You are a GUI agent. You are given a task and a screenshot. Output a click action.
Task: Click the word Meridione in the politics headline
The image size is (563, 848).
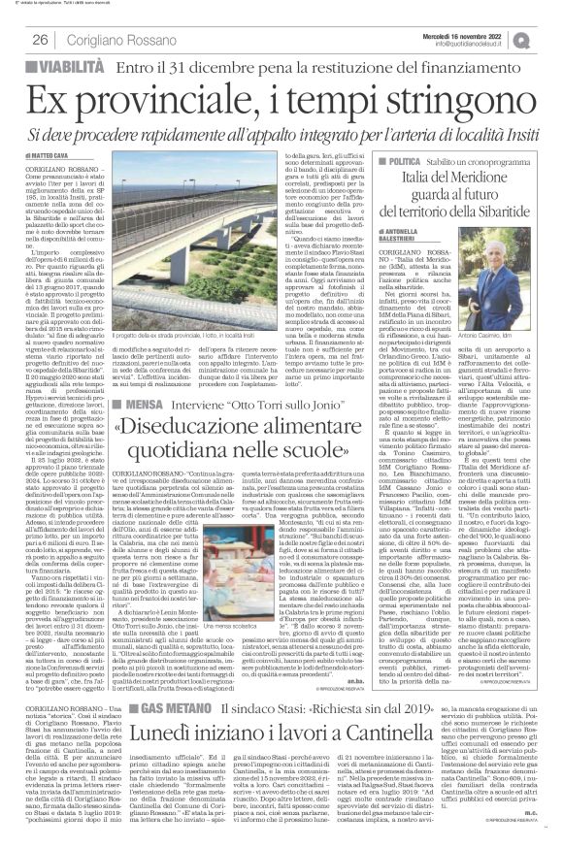pyautogui.click(x=493, y=180)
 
